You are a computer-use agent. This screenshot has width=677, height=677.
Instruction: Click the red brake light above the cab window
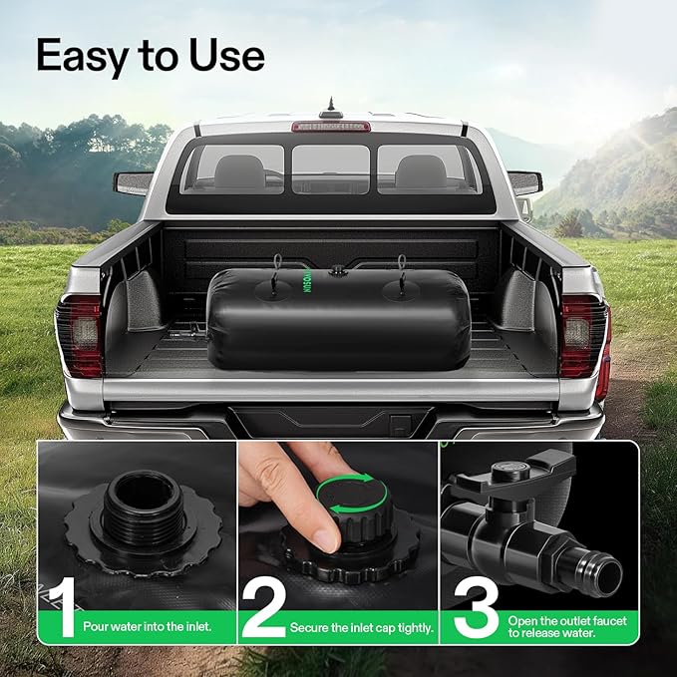[330, 127]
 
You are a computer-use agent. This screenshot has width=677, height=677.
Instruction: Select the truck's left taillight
[81, 334]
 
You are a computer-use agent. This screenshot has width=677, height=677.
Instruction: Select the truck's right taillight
[584, 334]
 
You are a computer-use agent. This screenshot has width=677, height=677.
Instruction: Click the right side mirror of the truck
[523, 182]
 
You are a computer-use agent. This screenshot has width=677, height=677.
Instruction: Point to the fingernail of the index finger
[326, 538]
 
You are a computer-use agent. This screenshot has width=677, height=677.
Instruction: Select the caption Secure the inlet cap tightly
[361, 628]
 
